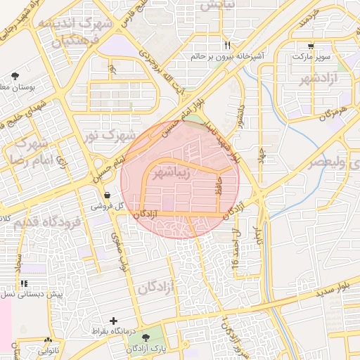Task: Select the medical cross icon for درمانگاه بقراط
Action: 114,321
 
